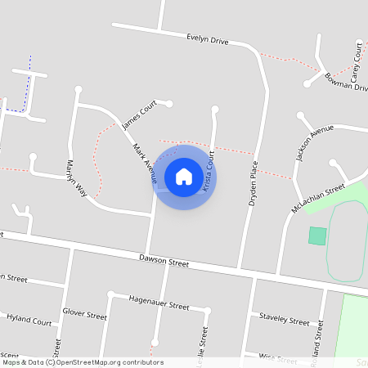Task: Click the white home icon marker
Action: coord(184,177)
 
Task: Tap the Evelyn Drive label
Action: coord(208,38)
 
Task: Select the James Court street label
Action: coord(138,115)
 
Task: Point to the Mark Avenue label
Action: coord(144,161)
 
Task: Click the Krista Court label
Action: coord(209,170)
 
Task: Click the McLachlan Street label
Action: coord(318,200)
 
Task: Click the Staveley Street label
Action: coord(284,318)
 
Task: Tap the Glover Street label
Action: coord(84,314)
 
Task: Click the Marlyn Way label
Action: coord(79,179)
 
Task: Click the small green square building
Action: coord(317,236)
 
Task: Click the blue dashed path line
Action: coord(29,82)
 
